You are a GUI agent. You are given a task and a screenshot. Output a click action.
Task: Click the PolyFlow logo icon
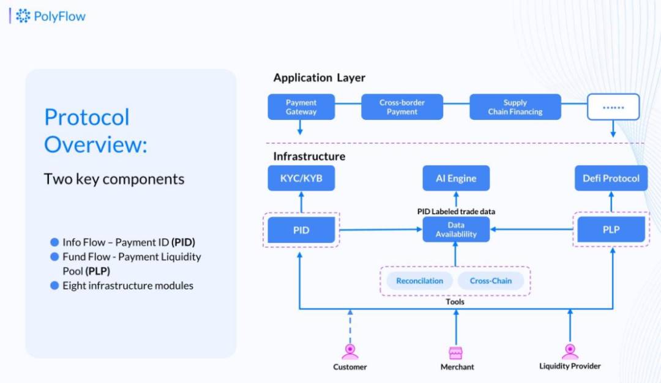coord(23,16)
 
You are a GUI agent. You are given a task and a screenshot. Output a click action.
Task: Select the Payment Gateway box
coord(301,107)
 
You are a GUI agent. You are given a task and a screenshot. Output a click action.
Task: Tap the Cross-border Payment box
coord(402,107)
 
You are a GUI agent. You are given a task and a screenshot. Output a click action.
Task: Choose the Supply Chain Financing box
coord(515,107)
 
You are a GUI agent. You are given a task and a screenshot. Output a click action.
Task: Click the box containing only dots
coord(613,107)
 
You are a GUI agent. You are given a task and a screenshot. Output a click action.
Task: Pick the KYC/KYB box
coord(301,178)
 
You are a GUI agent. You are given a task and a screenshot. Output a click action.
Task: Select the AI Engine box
coord(456,178)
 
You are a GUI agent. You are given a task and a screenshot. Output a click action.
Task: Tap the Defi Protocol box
coord(611,178)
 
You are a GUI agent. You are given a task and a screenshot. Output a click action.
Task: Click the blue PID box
coord(301,230)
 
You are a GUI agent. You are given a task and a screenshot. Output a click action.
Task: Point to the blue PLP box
coord(611,230)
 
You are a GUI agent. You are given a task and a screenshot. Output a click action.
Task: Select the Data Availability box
coord(456,230)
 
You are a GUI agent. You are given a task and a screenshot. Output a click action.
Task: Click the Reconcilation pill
coord(419,281)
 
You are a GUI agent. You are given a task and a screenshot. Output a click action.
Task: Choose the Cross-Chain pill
coord(491,281)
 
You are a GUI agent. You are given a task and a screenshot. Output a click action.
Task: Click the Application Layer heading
coord(319,78)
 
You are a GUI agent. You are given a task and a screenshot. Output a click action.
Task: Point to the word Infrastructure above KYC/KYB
coord(309,156)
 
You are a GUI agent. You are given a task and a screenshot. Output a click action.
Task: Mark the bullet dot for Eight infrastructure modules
coord(54,286)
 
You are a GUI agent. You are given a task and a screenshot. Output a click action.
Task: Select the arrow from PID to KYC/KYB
coord(301,204)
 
